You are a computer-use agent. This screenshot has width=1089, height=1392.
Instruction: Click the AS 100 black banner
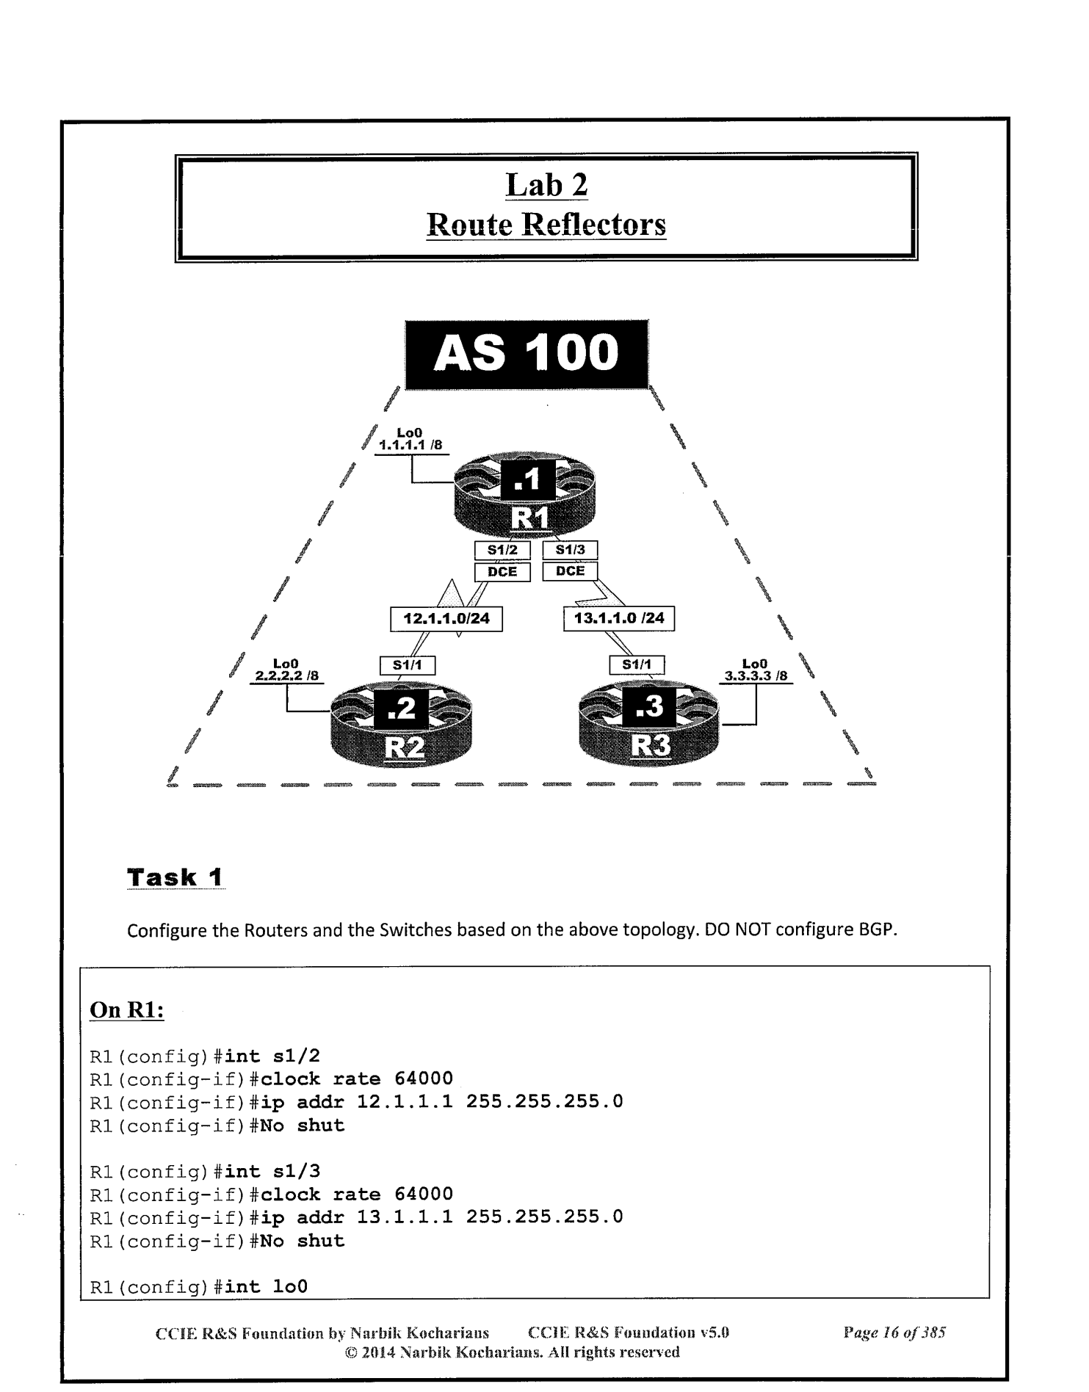pos(527,353)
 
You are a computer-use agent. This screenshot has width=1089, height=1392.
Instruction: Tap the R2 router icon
pos(402,722)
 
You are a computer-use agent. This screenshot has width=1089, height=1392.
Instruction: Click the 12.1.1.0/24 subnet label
pos(446,619)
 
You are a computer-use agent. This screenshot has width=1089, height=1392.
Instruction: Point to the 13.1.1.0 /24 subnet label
pos(618,618)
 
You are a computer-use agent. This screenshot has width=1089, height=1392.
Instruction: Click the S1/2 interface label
pos(502,550)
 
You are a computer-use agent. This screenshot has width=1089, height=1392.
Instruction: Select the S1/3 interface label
pos(570,550)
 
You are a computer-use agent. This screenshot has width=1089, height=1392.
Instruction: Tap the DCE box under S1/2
pos(502,571)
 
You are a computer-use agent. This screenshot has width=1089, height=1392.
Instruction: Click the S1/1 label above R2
pos(408,665)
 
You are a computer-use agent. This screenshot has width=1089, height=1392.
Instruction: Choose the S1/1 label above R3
pos(637,664)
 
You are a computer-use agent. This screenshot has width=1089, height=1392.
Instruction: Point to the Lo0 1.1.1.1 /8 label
pos(410,439)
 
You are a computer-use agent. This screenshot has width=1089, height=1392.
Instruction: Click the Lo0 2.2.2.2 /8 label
pos(286,670)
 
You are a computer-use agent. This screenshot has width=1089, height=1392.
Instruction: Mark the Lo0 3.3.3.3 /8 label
pos(755,670)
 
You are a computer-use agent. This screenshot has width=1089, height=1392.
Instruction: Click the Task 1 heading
pos(176,877)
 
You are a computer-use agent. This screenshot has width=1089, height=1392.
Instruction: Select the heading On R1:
pos(126,1010)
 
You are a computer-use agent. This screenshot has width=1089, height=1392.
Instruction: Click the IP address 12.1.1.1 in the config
pos(405,1102)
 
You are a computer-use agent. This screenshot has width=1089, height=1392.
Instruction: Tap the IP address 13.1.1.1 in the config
pos(405,1217)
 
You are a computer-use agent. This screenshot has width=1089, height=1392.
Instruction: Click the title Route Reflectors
pos(546,223)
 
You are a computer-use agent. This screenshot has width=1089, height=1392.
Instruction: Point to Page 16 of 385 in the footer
pos(894,1333)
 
